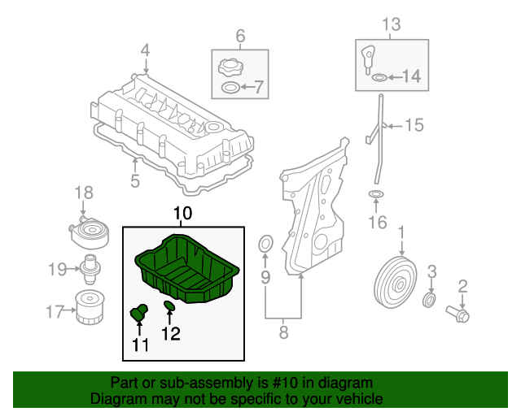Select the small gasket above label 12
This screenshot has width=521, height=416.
pos(169,306)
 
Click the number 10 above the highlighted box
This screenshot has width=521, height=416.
pos(182,214)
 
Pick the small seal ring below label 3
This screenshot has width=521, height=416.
pos(430,303)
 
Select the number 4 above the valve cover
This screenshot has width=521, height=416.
pos(145,50)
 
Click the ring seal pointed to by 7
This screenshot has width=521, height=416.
pos(230,87)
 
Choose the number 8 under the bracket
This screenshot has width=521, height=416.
pos(283,331)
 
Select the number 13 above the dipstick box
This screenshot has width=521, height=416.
pos(392,24)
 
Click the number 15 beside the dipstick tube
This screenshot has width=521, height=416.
pos(414,125)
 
